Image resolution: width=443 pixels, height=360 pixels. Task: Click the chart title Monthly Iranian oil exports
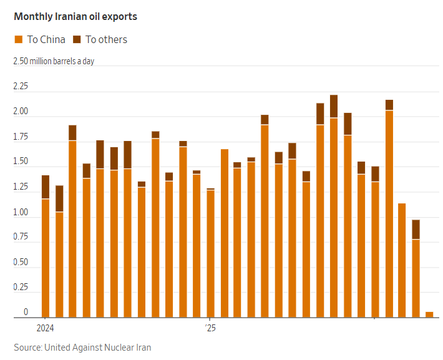tap(75, 17)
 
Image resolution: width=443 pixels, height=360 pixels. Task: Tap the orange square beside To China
tap(18, 39)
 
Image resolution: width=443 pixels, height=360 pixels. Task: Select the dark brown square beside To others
tap(77, 39)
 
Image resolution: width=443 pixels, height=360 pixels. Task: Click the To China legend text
tap(46, 39)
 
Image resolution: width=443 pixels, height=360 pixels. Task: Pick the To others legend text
tap(106, 39)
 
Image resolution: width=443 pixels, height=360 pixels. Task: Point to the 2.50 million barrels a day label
tap(54, 61)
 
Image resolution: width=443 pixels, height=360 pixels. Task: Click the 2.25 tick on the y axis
tap(21, 86)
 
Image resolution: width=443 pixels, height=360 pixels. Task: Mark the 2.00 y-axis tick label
tap(21, 111)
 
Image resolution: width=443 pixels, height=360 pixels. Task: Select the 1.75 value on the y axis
tap(21, 137)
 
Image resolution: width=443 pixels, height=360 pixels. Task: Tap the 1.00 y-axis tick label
tap(21, 212)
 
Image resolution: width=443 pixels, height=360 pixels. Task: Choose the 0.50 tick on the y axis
tap(21, 262)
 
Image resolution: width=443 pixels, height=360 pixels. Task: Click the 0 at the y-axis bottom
tap(26, 312)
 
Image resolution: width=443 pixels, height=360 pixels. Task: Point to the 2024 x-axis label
tap(45, 328)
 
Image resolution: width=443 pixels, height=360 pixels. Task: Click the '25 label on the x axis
tap(210, 328)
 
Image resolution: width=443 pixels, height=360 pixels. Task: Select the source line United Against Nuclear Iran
tap(82, 348)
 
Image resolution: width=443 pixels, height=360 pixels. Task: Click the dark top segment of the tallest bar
tap(334, 106)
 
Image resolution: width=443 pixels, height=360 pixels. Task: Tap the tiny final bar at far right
tap(429, 314)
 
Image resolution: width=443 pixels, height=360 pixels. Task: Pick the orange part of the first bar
tap(46, 258)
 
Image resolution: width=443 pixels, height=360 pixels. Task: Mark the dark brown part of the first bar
tap(46, 187)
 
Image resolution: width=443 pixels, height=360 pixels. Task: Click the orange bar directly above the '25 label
tap(210, 254)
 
